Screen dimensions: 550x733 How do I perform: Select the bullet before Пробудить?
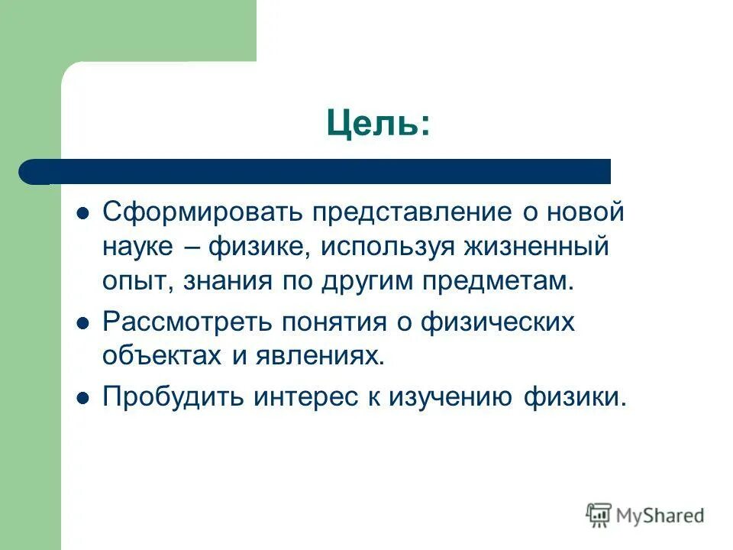click(x=84, y=398)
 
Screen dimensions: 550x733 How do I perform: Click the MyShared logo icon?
click(x=599, y=515)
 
